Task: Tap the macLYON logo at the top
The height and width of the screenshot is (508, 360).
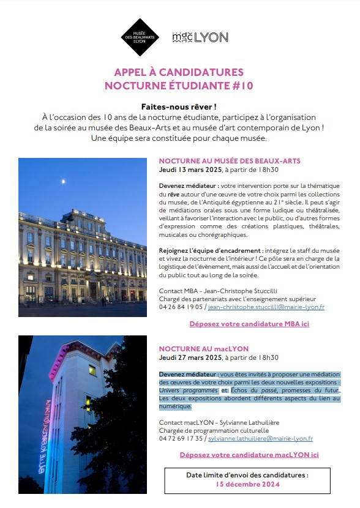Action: tap(200, 37)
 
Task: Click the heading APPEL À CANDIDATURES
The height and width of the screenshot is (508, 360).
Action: tap(179, 72)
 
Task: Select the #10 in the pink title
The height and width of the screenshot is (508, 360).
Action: tap(242, 86)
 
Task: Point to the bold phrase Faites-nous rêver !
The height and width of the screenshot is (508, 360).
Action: tap(179, 106)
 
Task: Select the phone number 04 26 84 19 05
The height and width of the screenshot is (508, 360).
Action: tap(181, 307)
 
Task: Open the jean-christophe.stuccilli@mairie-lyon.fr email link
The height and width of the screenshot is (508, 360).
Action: tap(266, 307)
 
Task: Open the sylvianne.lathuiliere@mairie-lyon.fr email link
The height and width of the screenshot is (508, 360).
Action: tap(260, 438)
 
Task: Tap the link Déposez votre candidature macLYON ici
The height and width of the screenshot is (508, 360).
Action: tap(249, 455)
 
